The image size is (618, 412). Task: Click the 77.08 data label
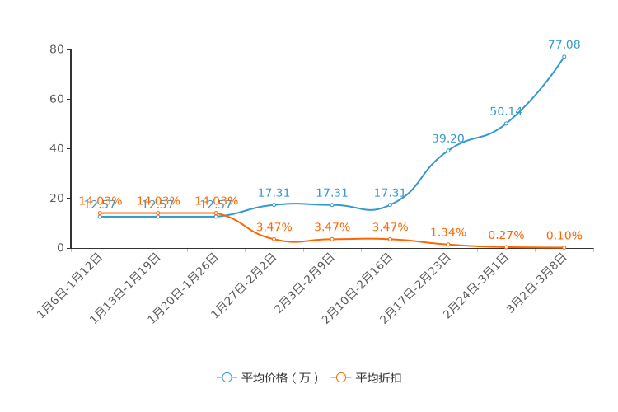[564, 44]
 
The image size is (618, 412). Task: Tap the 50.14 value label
[506, 111]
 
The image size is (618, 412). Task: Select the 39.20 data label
[447, 138]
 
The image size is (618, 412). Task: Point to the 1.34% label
[447, 232]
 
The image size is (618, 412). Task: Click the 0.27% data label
[506, 235]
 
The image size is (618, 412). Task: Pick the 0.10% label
[564, 236]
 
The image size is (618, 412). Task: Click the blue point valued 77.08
[564, 57]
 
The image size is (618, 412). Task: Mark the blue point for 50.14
[506, 124]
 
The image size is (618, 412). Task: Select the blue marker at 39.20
[448, 151]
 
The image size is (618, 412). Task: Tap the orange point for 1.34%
[448, 245]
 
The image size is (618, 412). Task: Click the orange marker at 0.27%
[506, 247]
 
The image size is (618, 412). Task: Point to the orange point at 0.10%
[564, 247]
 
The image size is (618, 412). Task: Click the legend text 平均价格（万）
[279, 378]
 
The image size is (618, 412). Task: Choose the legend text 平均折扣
[378, 378]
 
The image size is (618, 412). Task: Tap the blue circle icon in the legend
[227, 377]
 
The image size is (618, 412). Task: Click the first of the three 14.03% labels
[100, 201]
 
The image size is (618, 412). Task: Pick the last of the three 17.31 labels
[390, 193]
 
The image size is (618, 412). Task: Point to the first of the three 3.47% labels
[274, 227]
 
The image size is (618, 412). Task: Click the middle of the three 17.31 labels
[331, 193]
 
